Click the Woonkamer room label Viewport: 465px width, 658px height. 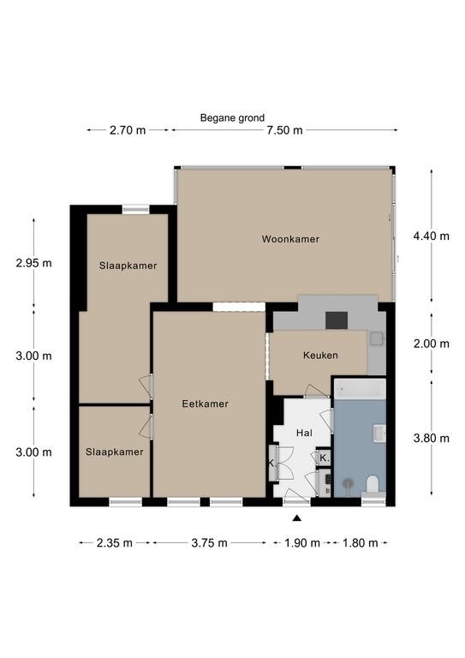click(x=290, y=239)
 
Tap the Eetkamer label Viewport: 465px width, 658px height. click(x=205, y=404)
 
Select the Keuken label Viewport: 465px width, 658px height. click(x=320, y=355)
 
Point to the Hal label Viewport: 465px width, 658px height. click(x=304, y=433)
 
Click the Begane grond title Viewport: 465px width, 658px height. click(x=232, y=118)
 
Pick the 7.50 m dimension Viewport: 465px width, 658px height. click(x=284, y=130)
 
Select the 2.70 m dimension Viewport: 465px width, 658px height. click(x=128, y=130)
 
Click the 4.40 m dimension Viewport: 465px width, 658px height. click(x=431, y=236)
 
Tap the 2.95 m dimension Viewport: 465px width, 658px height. click(x=33, y=263)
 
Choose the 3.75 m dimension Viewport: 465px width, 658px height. click(x=209, y=543)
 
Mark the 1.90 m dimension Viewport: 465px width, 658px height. click(x=302, y=543)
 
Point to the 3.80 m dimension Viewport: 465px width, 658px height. click(x=431, y=439)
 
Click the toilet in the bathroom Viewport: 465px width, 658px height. click(x=373, y=484)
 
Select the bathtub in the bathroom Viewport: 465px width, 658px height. click(x=360, y=389)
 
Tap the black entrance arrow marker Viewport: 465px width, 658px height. click(x=297, y=518)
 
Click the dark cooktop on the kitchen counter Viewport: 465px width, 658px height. click(x=337, y=320)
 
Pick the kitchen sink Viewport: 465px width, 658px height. click(x=377, y=338)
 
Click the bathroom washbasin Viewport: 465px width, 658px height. click(x=380, y=434)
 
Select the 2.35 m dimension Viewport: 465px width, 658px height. click(x=115, y=543)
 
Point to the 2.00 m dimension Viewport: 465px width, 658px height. click(x=431, y=344)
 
